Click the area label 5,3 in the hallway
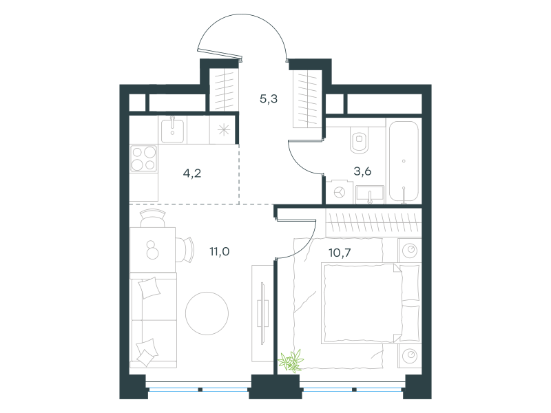point(269,99)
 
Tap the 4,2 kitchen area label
point(192,173)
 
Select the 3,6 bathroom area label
point(362,171)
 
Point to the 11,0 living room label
point(220,251)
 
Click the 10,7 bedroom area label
point(340,253)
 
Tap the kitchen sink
point(172,131)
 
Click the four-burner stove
point(143,158)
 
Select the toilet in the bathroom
point(359,140)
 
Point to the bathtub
point(404,161)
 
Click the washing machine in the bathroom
point(339,192)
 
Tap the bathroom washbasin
point(370,194)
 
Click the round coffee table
point(207,313)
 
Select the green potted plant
point(291,360)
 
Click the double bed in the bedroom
point(371,304)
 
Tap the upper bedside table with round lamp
point(410,251)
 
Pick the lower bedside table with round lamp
point(410,356)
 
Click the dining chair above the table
point(152,218)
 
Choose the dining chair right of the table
point(185,250)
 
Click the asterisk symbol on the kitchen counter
point(223,130)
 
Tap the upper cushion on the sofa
point(149,288)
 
